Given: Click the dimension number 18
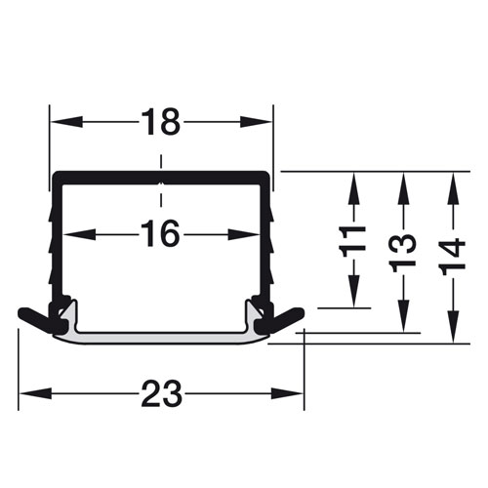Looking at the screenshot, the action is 161,122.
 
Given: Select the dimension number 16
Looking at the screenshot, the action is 161,233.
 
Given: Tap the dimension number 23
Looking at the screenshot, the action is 161,393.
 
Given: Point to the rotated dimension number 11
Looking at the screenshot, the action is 352,241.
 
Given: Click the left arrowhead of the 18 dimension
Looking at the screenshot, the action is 66,122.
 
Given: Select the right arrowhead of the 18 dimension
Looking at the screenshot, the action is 256,122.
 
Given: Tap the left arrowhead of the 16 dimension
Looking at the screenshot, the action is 79,234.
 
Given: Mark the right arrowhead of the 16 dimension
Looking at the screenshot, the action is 243,234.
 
